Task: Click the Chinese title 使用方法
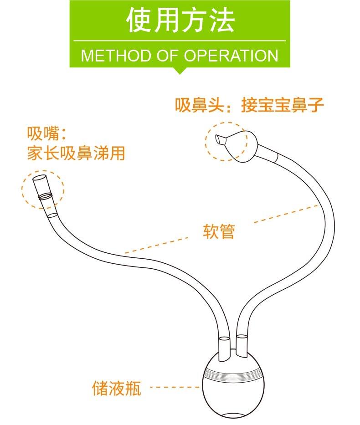coord(180,20)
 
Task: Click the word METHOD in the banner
coord(116,55)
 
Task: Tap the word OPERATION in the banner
coord(231,55)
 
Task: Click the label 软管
coord(219,231)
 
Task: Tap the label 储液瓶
coord(117,388)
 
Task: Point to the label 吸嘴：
coord(46,133)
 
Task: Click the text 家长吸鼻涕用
coord(76,153)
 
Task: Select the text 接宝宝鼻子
coord(283,105)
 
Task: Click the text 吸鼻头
coord(199,105)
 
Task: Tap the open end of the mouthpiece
coord(40,179)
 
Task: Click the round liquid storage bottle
coord(233,385)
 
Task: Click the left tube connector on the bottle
coord(225,349)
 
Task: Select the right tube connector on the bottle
coord(242,345)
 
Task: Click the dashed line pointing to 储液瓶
coord(175,387)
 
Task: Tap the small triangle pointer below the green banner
coord(180,71)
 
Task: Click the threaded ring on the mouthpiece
coord(46,196)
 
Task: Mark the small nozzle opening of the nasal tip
coord(218,139)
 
